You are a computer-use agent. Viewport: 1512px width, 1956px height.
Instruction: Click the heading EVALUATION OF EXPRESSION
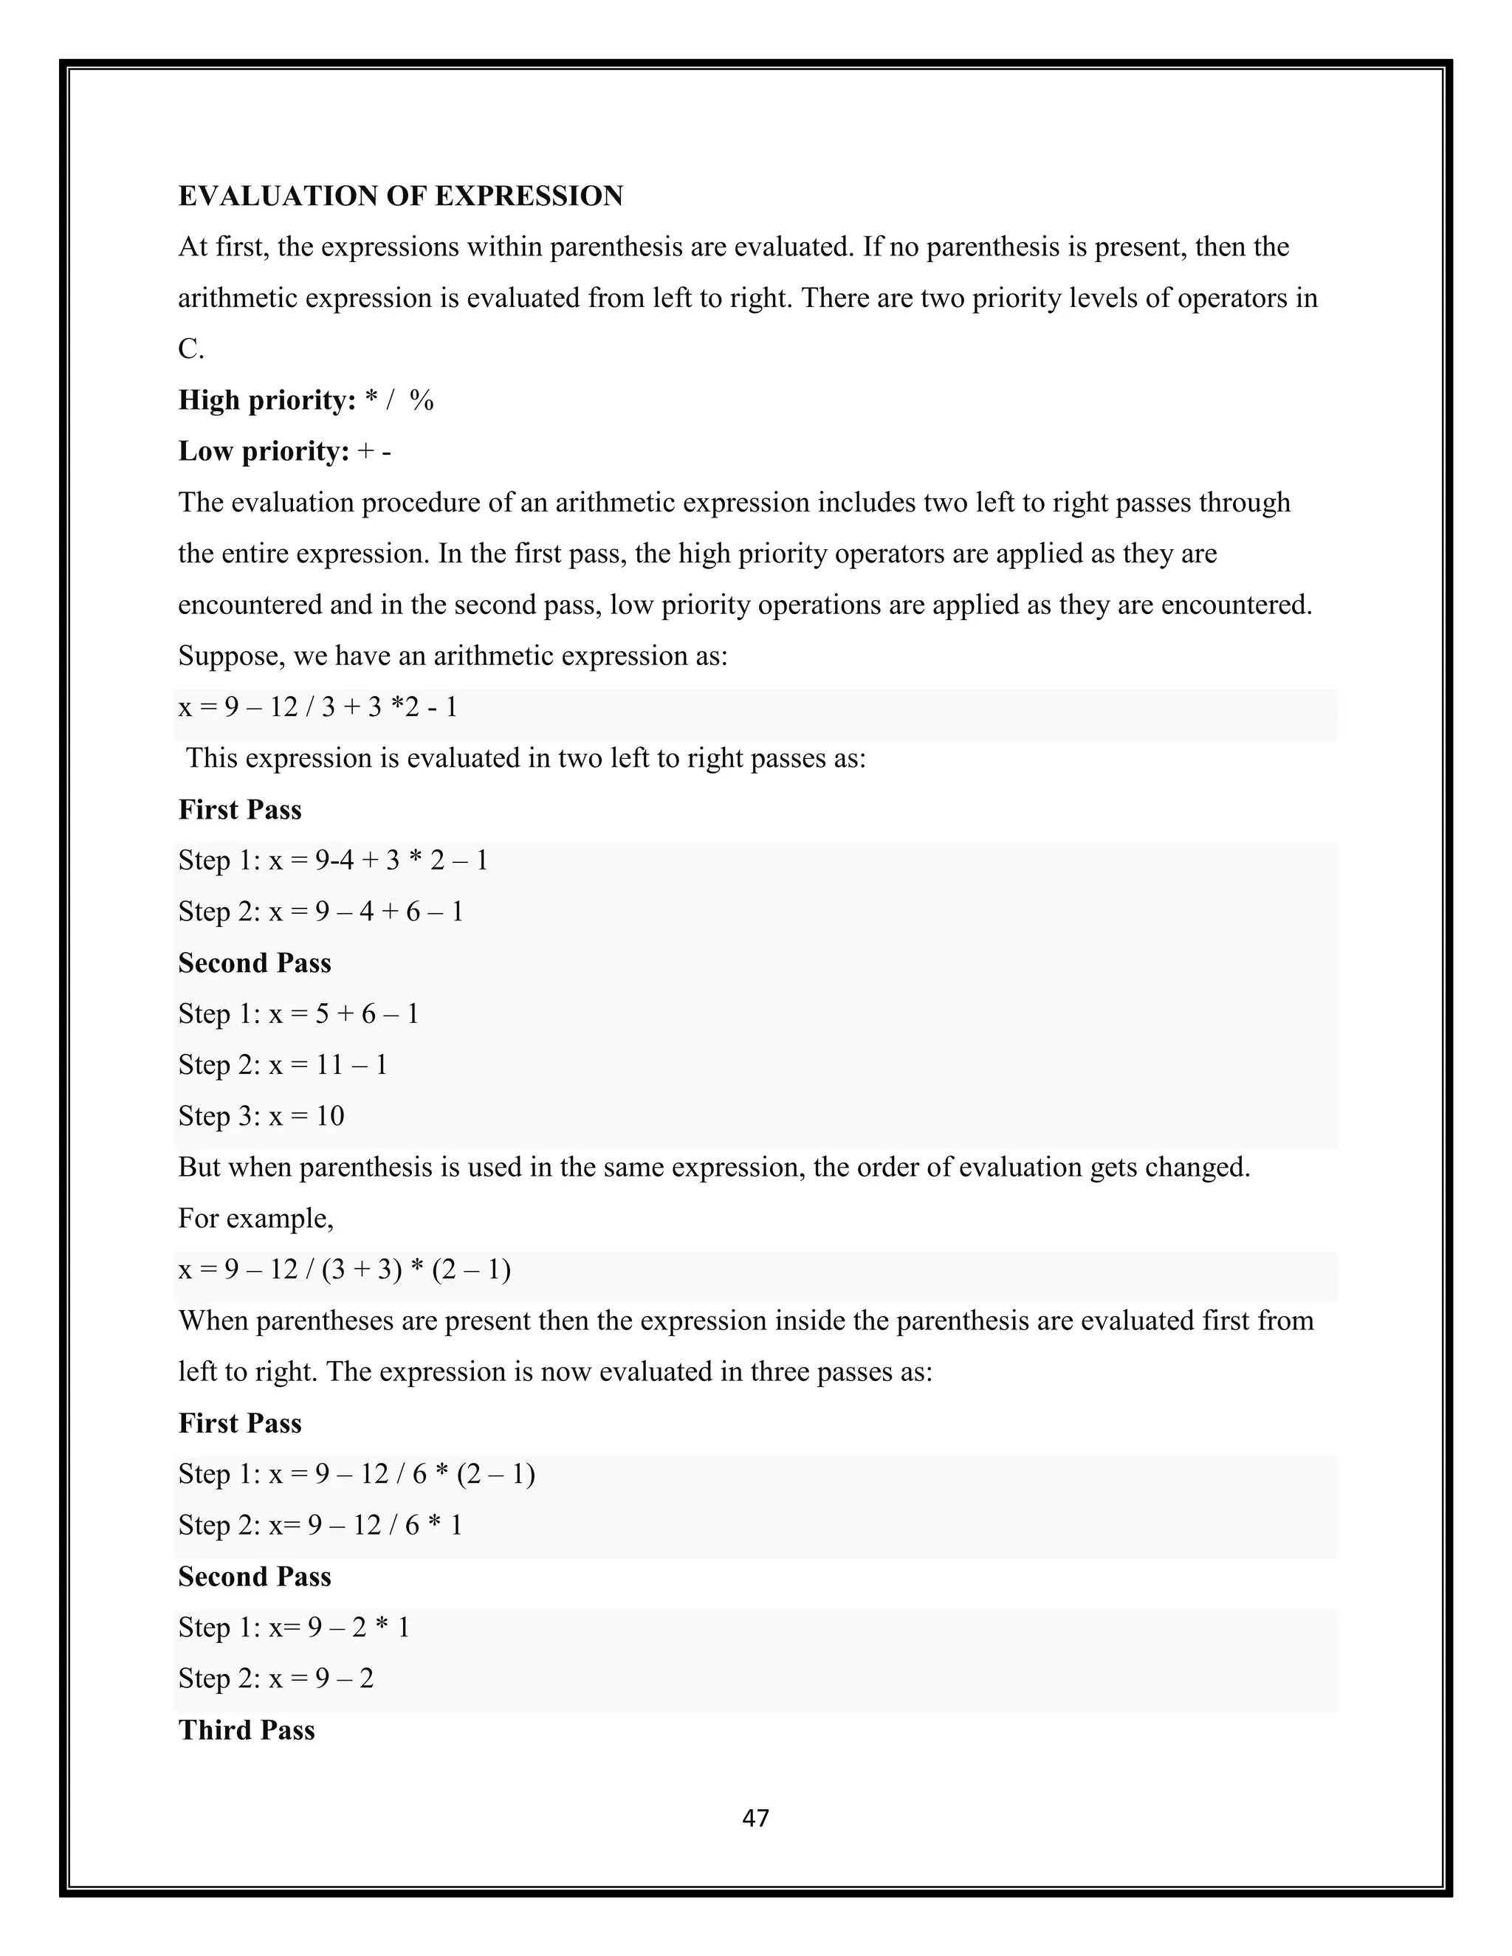coord(400,196)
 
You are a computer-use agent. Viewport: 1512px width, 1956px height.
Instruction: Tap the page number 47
coord(756,1818)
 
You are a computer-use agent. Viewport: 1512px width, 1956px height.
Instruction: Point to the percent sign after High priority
coord(421,400)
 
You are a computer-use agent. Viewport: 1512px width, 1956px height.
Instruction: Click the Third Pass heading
coord(247,1730)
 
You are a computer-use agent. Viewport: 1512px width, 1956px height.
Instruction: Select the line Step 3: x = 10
coord(261,1116)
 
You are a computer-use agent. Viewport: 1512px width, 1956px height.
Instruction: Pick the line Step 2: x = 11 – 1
coord(282,1065)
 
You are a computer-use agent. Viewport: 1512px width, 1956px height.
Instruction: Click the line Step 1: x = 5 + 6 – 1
coord(298,1014)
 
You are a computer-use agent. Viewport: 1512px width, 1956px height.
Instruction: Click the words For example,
coord(255,1219)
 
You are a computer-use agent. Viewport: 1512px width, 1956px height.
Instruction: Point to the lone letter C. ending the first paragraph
coord(190,349)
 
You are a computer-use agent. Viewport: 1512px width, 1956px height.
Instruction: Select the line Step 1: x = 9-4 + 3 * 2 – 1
coord(332,861)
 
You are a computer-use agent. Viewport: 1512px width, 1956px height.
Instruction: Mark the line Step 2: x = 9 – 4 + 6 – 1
coord(320,912)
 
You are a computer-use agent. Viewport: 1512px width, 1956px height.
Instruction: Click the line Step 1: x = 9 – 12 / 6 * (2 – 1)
coord(357,1474)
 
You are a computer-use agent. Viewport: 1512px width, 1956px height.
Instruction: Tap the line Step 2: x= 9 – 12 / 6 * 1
coord(320,1525)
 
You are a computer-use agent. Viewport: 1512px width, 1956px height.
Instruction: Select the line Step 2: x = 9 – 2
coord(276,1678)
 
